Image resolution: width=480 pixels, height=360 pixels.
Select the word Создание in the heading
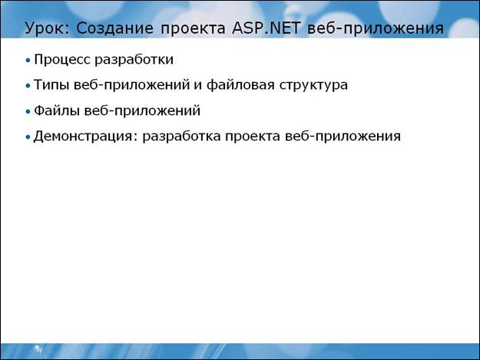click(x=114, y=28)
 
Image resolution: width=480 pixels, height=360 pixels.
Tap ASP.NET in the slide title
click(x=266, y=28)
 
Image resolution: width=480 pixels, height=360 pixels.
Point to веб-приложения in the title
click(x=376, y=28)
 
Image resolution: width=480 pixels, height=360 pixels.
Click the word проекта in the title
click(x=194, y=29)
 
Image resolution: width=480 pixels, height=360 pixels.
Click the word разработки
click(x=134, y=60)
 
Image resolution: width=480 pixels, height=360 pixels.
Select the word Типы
click(x=51, y=84)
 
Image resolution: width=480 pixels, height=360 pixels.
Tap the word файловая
click(x=240, y=84)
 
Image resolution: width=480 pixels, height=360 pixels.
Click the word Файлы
click(x=57, y=111)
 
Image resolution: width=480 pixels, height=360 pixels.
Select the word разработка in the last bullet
click(x=181, y=136)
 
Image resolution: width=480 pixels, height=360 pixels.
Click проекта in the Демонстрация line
click(x=253, y=137)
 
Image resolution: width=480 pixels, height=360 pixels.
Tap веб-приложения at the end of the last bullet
click(x=343, y=136)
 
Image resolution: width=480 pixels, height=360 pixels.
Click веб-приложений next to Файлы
click(x=142, y=111)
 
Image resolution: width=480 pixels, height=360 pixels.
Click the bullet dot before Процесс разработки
click(x=28, y=61)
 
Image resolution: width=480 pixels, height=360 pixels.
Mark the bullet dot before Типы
click(x=28, y=86)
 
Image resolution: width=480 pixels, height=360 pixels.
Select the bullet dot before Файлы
click(x=28, y=111)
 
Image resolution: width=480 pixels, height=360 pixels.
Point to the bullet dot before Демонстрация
click(x=28, y=137)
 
